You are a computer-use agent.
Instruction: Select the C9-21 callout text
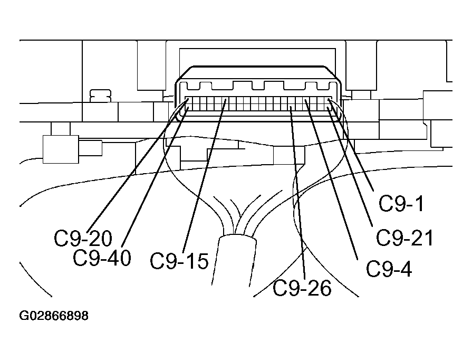click(404, 238)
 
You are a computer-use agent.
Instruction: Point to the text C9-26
click(302, 288)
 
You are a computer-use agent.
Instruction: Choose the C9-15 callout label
click(179, 261)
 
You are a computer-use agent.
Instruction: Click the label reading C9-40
click(102, 258)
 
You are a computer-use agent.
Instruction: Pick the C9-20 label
click(83, 239)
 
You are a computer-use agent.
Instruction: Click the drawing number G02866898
click(54, 317)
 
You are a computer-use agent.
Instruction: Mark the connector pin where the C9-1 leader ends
click(329, 101)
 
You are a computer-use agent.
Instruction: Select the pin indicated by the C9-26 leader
click(291, 109)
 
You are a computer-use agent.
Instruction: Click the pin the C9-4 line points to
click(305, 101)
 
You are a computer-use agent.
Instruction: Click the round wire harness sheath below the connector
click(236, 259)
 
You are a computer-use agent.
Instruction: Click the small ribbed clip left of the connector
click(101, 95)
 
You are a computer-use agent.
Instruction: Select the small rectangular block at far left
click(60, 149)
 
